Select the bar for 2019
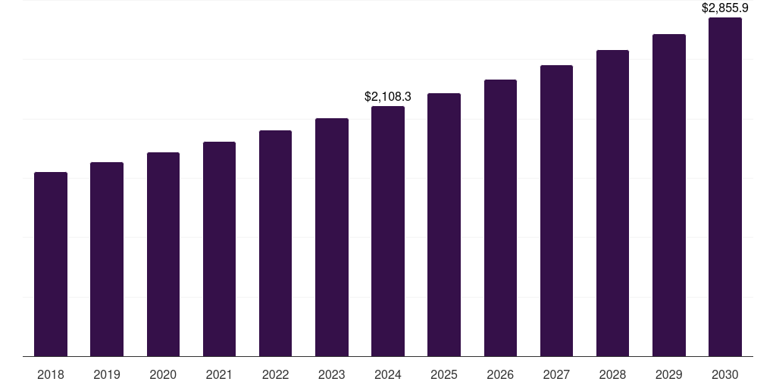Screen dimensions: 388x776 107,259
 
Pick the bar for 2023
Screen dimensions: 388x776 332,237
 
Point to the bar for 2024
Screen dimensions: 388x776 388,231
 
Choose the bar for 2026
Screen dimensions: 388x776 500,217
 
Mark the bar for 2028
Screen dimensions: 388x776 612,203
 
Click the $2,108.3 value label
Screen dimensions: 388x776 388,97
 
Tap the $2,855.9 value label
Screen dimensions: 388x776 725,8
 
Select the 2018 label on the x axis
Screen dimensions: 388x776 51,374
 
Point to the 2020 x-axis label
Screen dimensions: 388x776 163,374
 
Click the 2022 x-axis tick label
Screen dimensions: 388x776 275,374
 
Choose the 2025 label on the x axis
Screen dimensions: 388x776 444,374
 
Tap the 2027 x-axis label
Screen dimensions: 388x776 556,374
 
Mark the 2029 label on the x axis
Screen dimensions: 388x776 669,374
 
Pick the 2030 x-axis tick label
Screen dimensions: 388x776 725,374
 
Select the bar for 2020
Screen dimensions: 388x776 163,254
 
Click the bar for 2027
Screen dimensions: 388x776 556,211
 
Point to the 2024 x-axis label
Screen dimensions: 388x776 388,374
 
